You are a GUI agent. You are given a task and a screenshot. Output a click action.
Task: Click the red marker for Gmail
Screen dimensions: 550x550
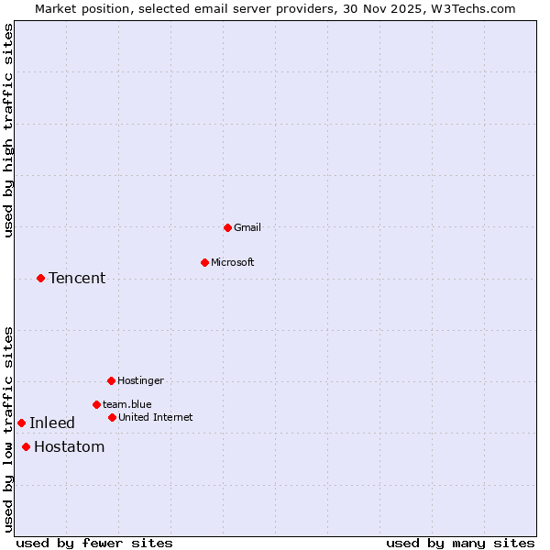(227, 227)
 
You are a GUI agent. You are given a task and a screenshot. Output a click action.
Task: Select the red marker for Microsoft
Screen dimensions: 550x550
(204, 262)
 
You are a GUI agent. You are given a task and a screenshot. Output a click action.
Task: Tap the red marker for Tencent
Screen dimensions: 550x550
(40, 278)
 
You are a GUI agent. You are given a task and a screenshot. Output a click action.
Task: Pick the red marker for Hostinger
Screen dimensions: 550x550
(111, 380)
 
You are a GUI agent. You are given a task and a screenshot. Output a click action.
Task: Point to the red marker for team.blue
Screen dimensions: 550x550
(96, 404)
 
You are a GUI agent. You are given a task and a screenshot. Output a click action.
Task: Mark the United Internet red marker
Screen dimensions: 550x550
(112, 417)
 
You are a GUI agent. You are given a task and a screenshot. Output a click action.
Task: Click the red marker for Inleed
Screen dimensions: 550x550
(21, 423)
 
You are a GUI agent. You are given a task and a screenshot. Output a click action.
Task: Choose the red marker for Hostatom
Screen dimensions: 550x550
(26, 446)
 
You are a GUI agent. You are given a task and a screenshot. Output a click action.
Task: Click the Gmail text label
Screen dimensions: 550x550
(247, 227)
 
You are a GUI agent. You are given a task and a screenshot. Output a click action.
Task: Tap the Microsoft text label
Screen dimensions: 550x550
(233, 262)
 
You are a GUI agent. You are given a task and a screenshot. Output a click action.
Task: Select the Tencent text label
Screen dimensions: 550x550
(77, 278)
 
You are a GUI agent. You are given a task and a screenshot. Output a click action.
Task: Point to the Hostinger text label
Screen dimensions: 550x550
(140, 380)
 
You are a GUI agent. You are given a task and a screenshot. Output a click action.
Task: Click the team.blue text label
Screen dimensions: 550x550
(127, 404)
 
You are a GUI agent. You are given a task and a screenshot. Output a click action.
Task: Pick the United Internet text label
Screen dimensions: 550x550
(156, 417)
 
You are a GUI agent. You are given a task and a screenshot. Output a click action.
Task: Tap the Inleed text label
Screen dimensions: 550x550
(52, 423)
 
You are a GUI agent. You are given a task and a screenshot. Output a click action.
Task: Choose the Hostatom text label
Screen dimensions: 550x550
(69, 446)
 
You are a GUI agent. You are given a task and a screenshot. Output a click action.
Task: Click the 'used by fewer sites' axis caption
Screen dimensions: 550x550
(94, 543)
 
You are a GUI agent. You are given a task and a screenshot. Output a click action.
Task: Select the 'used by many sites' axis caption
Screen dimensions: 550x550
(460, 543)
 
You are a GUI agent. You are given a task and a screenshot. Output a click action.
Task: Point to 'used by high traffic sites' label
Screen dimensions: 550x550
(8, 130)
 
